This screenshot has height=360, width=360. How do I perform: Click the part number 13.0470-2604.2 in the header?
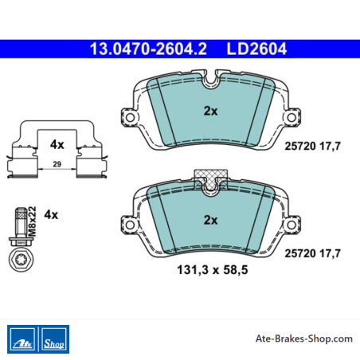[148, 49]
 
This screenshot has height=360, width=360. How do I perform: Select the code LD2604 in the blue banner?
[256, 49]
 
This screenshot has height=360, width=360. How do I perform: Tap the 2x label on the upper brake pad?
[210, 111]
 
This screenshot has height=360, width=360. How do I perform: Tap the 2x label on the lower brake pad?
[210, 220]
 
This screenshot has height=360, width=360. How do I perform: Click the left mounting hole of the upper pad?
[130, 117]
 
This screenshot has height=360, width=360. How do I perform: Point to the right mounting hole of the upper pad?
[292, 117]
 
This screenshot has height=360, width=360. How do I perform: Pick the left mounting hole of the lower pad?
[130, 225]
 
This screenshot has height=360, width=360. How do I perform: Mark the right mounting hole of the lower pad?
[292, 225]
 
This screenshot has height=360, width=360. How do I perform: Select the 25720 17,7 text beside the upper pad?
[312, 146]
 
